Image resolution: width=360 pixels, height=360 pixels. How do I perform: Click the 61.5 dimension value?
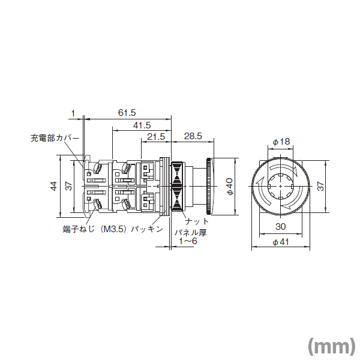[127, 112]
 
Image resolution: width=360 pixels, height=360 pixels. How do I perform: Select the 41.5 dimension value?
[142, 125]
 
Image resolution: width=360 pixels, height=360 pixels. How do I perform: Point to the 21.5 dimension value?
[155, 137]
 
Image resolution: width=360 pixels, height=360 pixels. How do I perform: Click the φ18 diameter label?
[281, 142]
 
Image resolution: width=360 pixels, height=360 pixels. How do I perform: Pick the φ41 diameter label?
[281, 242]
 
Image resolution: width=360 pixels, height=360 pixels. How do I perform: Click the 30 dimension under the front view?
[281, 227]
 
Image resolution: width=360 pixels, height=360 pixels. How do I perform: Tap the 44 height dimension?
[53, 186]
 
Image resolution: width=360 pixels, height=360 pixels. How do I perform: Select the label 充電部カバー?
[55, 138]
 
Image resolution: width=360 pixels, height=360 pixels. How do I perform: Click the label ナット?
[197, 221]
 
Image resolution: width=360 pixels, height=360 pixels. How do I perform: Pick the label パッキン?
[147, 229]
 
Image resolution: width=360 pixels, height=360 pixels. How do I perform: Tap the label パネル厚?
[191, 232]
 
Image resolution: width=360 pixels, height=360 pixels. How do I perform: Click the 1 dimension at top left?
[73, 112]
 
